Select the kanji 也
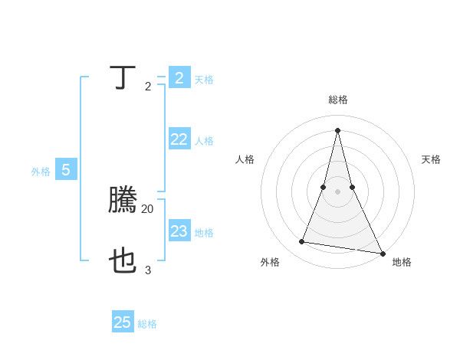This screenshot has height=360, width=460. coord(123,261)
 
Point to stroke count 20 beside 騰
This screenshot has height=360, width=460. coord(148,208)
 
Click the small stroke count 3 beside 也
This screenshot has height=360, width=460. coord(148,270)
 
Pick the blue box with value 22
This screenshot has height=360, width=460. coord(179,139)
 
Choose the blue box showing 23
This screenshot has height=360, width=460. coord(179,231)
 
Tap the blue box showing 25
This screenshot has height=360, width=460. coord(123,322)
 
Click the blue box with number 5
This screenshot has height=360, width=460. coord(66,170)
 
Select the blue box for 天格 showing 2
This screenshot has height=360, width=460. coord(179,77)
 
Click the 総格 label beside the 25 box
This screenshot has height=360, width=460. coord(147,324)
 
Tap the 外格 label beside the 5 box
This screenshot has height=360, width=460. coord(41,172)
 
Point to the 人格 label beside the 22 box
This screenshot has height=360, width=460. coord(204,141)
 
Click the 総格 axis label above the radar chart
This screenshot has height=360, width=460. coord(337,100)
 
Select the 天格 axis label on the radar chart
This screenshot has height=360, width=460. coord(431,159)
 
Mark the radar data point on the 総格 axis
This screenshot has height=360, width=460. coord(337,130)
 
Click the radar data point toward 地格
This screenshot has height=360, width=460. coord(381,253)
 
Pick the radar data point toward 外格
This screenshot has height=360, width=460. coord(302,242)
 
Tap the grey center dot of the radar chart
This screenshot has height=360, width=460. coord(337,191)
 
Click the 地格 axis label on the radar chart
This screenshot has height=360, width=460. coord(402,262)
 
